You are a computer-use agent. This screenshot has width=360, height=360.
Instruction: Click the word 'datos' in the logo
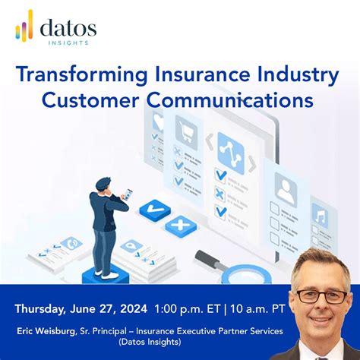pos(69,28)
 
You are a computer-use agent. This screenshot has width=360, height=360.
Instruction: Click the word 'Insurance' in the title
pos(183,75)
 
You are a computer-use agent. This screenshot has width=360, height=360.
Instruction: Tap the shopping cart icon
pos(185,134)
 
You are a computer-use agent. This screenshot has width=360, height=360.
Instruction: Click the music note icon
pos(320,216)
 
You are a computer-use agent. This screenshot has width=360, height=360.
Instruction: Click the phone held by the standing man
pos(127,194)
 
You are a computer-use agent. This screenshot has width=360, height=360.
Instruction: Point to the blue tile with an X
pos(180,225)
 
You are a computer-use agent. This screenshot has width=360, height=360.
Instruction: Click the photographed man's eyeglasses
pos(321,296)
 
